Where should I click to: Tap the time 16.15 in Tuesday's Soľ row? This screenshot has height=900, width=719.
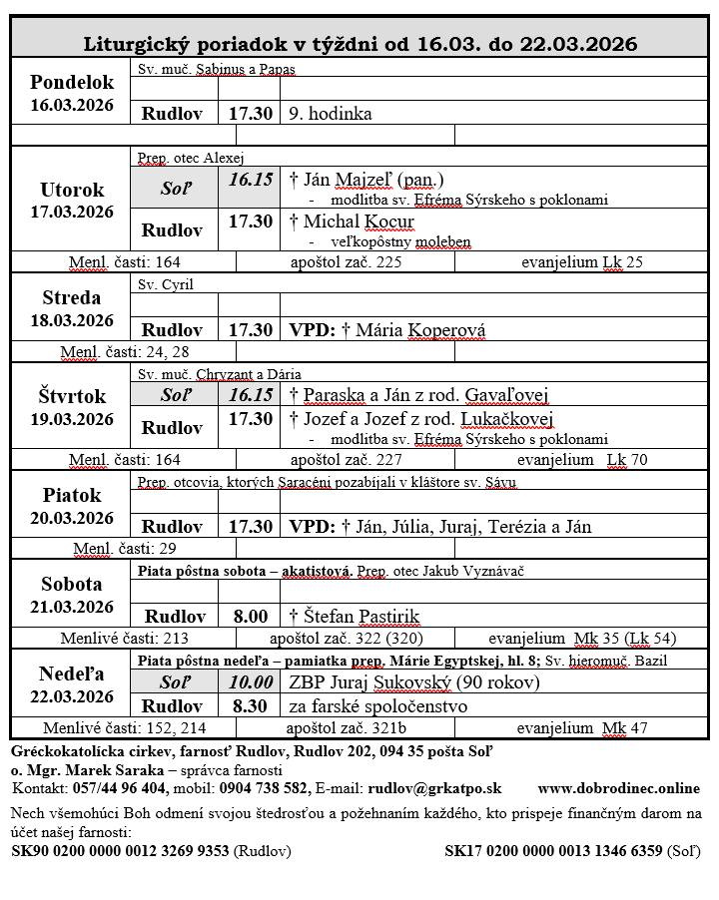[250, 180]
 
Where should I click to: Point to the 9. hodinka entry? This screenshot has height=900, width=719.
[331, 114]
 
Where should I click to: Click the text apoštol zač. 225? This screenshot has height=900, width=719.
[346, 262]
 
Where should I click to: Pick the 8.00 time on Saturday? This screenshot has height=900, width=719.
[250, 616]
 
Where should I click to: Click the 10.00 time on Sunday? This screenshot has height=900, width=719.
[250, 682]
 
